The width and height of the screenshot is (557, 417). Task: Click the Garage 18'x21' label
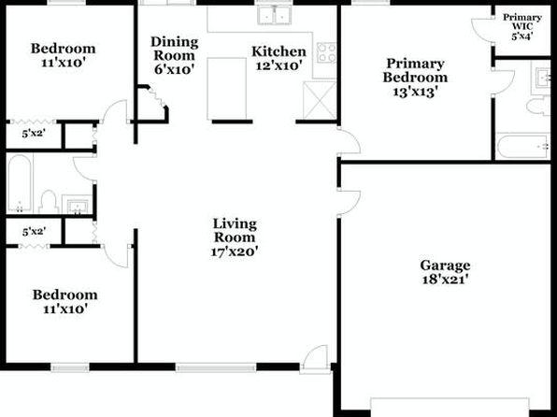pos(445,272)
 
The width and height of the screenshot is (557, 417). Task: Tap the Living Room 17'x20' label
pos(235,237)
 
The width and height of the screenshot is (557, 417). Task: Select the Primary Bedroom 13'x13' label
pos(415,78)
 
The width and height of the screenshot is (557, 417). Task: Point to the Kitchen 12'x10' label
pos(278,58)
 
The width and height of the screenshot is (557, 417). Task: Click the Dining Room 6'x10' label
pos(175,55)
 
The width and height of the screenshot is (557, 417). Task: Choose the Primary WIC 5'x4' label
pos(522,27)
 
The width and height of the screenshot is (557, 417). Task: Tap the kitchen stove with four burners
pos(326,52)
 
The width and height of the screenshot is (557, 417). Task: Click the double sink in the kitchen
pos(274,15)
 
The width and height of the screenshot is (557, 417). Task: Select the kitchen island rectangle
pos(227,89)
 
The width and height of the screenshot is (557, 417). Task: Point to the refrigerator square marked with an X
pos(320,100)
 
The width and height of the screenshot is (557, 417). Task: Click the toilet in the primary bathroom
pos(538,107)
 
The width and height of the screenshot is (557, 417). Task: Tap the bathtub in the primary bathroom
pos(523,146)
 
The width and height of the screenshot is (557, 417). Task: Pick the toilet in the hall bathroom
pos(49,202)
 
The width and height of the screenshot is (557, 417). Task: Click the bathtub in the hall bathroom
pos(20,183)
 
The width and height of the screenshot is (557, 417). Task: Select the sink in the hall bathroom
pos(77,205)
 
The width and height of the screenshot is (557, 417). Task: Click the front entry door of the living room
pos(314,358)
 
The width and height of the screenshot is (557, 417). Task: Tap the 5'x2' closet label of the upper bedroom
pos(34,134)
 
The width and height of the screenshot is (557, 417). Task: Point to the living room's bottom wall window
pos(216,367)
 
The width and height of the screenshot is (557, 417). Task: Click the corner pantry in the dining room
pos(152,104)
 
